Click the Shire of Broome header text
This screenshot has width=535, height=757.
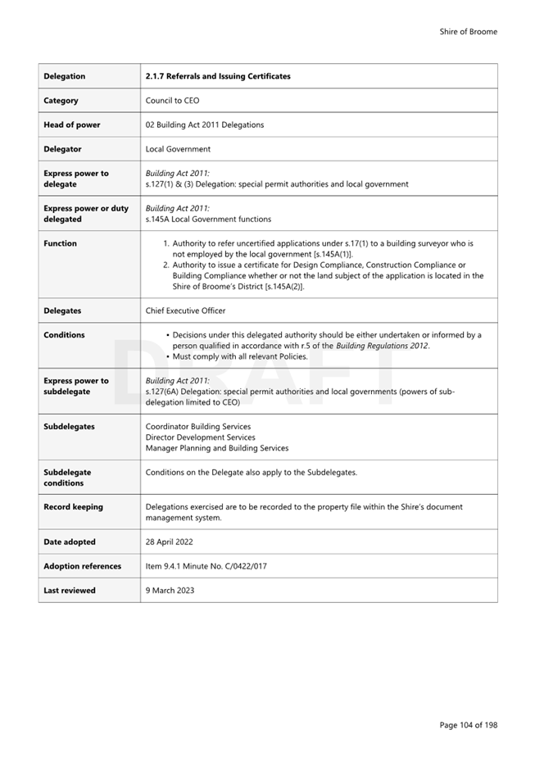(x=468, y=32)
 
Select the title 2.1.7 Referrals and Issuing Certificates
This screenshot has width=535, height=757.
(x=217, y=76)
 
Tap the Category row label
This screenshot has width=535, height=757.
(x=61, y=101)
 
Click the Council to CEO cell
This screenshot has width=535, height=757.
(x=172, y=101)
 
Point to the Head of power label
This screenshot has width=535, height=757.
(x=72, y=125)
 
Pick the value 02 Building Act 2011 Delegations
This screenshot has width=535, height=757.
(x=205, y=125)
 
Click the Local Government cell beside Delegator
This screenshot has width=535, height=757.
(x=178, y=149)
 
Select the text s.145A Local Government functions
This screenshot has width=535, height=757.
(x=208, y=220)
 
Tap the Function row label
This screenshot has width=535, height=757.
(x=60, y=243)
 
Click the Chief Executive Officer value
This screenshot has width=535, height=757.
(x=185, y=311)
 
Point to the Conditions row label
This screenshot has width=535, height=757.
(x=64, y=335)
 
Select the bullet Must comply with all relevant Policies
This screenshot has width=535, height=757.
(x=240, y=356)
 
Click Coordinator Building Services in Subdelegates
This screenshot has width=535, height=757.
(x=198, y=427)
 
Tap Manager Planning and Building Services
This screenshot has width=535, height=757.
(x=217, y=448)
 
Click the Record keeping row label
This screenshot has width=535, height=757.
(x=73, y=507)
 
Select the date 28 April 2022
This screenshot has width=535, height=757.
(x=170, y=542)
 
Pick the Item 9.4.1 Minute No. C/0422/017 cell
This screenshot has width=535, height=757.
(x=206, y=566)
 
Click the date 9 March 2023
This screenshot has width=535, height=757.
(x=170, y=591)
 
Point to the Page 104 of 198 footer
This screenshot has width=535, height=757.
(x=468, y=725)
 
